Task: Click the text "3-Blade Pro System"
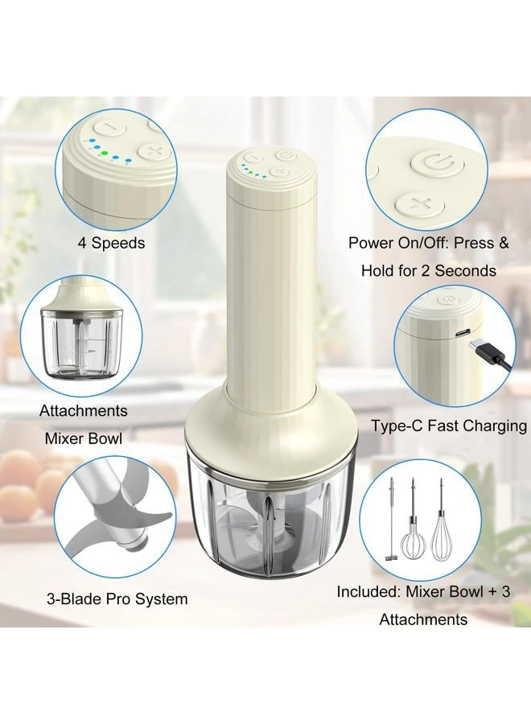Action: pos(117,599)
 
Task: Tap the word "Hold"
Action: pos(381,270)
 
